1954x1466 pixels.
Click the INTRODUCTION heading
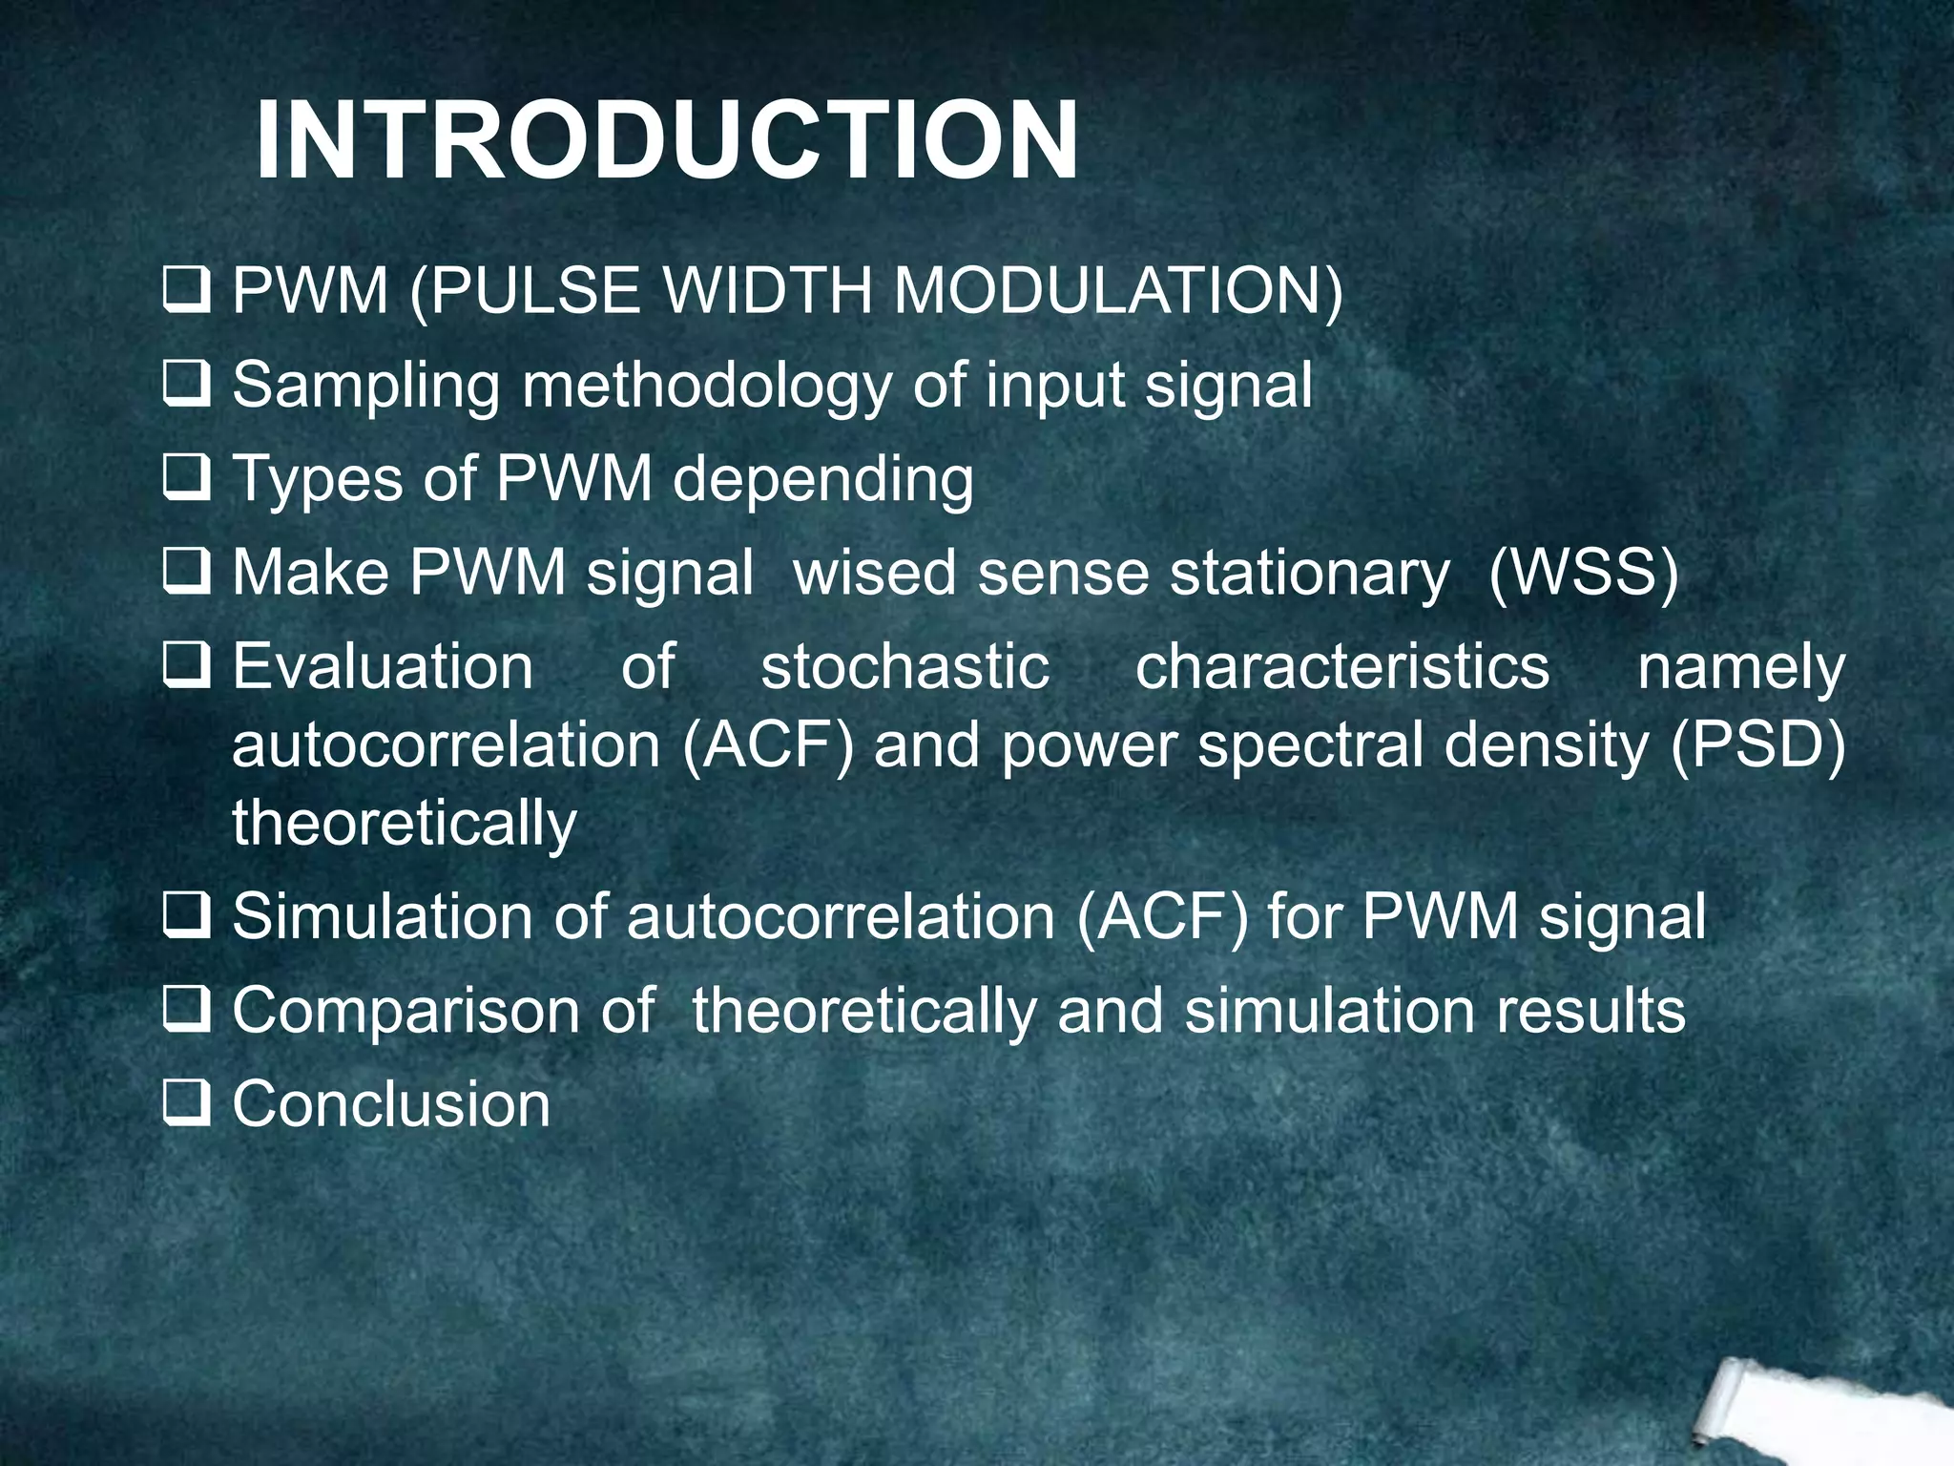click(x=666, y=141)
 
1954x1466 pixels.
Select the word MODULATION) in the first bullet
click(x=1117, y=290)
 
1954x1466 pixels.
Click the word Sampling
click(x=365, y=386)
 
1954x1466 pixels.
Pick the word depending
click(x=822, y=478)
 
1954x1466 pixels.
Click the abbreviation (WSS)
click(x=1583, y=573)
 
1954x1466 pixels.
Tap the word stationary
click(x=1309, y=573)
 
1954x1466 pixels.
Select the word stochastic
click(x=904, y=666)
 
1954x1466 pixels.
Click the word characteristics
click(x=1342, y=666)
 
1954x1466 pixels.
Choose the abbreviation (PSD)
click(x=1757, y=745)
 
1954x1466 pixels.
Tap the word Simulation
click(x=383, y=916)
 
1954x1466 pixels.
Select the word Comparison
click(x=406, y=1011)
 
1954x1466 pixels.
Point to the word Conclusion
click(x=391, y=1104)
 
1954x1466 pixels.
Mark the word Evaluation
click(x=383, y=666)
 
